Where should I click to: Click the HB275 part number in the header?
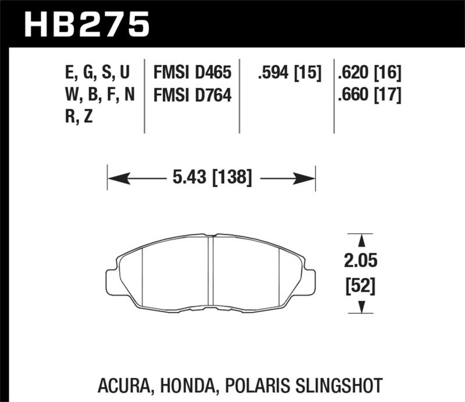pos(87,24)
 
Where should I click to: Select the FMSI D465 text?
pos(192,73)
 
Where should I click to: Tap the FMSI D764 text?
pos(192,94)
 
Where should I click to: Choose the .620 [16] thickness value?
pos(369,73)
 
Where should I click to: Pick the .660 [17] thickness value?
pos(369,94)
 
